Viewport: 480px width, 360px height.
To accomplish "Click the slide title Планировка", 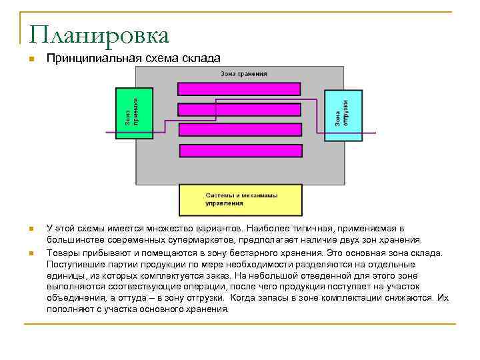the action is [x=99, y=35].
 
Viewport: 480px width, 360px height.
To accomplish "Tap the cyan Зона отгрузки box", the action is [x=343, y=115].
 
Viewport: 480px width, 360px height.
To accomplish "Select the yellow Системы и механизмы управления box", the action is [x=240, y=199].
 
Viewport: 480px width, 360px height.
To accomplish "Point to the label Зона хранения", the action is [x=245, y=73].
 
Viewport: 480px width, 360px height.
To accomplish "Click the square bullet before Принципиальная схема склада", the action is [x=30, y=59].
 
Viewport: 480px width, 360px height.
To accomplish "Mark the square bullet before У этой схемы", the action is [x=30, y=229].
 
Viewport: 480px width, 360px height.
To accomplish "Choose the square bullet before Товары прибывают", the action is [x=30, y=253].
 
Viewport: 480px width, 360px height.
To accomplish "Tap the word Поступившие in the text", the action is [x=73, y=263].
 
